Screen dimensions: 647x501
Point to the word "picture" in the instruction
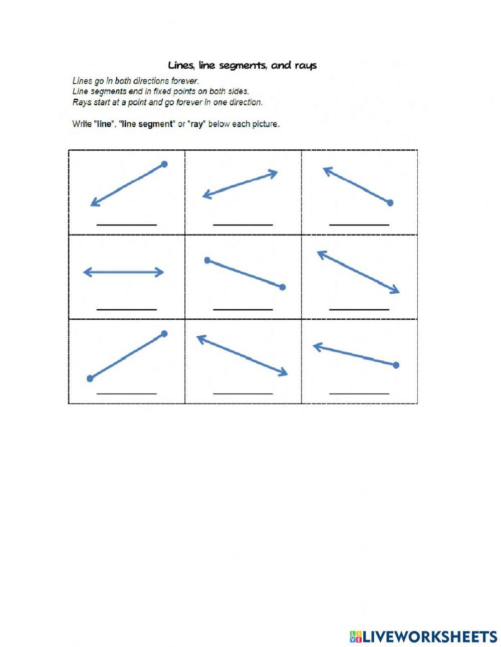coord(263,124)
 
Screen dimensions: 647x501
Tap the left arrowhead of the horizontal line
coord(86,272)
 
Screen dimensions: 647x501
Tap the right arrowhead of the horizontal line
coord(161,272)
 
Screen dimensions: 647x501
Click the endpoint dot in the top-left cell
coord(164,164)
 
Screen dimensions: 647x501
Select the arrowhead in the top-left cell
coord(93,203)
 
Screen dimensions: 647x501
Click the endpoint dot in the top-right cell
coord(390,203)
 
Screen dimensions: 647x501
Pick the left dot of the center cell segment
coord(207,260)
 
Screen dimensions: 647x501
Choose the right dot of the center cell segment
coord(282,287)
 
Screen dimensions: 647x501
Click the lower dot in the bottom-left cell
coord(90,378)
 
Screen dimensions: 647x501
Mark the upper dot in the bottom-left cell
coord(164,333)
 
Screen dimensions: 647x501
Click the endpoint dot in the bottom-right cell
coord(396,365)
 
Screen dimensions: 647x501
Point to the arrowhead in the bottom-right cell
coord(316,346)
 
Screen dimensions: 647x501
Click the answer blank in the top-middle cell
coord(243,225)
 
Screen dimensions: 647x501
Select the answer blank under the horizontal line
coord(126,309)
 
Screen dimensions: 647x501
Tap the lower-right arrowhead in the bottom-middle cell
coord(285,373)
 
